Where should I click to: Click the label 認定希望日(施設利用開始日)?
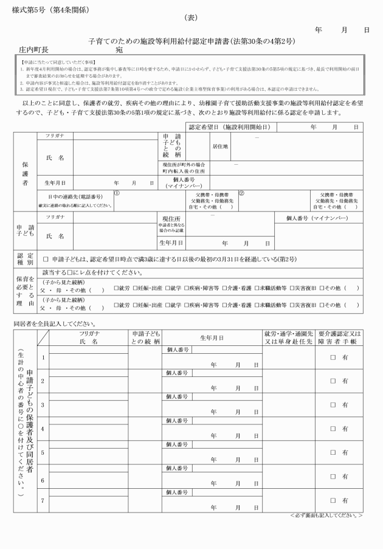[x=230, y=128]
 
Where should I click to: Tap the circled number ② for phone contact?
[x=241, y=194]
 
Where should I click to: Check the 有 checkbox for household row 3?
[x=333, y=404]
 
